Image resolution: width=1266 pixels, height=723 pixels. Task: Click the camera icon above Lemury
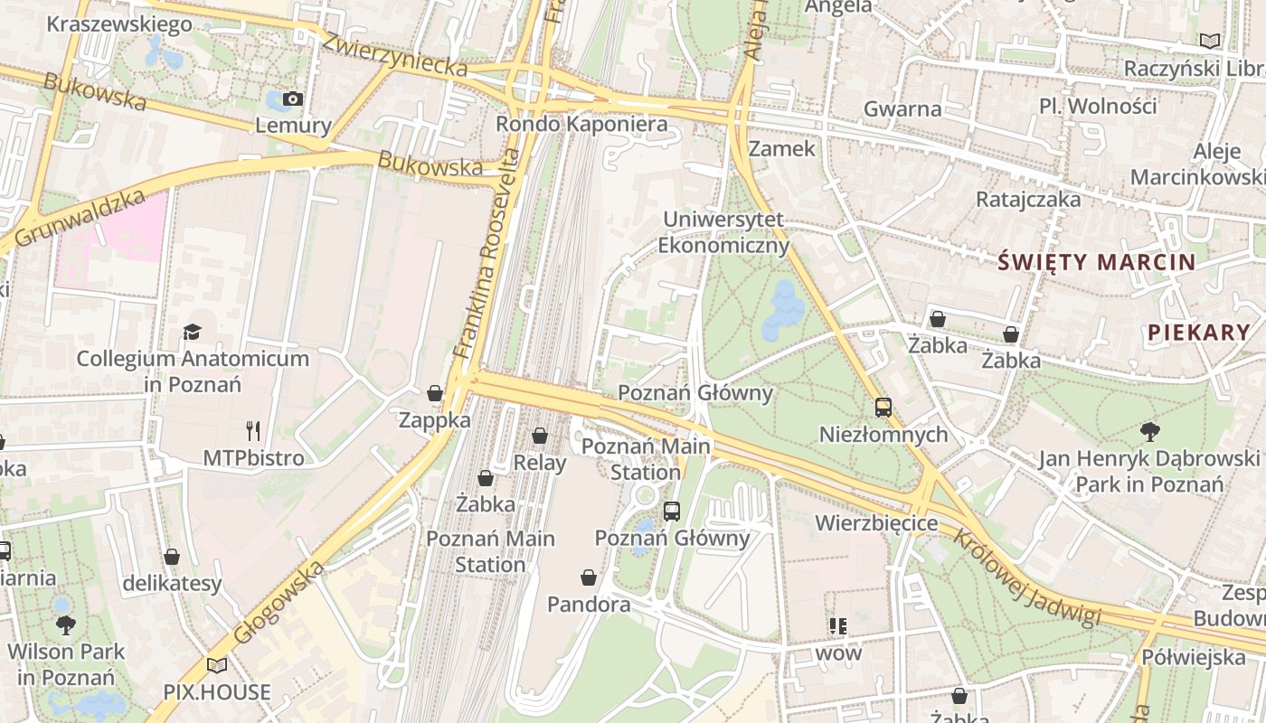(x=292, y=99)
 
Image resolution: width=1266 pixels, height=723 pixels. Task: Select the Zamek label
(x=782, y=148)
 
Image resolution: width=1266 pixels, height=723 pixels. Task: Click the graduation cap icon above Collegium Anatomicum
(x=193, y=333)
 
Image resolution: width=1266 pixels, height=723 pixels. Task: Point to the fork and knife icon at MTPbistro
(x=253, y=431)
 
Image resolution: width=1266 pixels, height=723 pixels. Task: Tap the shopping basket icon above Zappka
(x=435, y=393)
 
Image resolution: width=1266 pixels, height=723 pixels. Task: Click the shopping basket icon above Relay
(x=540, y=437)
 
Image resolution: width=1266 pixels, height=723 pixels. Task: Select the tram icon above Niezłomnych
(x=883, y=408)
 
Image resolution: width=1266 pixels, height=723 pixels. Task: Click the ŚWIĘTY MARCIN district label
(x=1096, y=263)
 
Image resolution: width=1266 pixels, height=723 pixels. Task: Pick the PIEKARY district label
(x=1198, y=333)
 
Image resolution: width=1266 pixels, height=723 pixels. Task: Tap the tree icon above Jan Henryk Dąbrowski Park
(x=1149, y=431)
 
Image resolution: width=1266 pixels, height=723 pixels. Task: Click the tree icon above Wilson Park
(x=66, y=624)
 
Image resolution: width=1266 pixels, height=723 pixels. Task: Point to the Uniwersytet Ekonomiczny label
(x=723, y=232)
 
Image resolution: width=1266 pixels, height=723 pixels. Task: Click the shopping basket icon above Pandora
(x=589, y=577)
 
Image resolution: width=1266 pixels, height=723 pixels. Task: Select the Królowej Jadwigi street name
(x=1026, y=577)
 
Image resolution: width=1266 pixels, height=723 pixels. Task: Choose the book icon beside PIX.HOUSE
(x=217, y=666)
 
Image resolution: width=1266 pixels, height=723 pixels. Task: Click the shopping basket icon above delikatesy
(x=172, y=557)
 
